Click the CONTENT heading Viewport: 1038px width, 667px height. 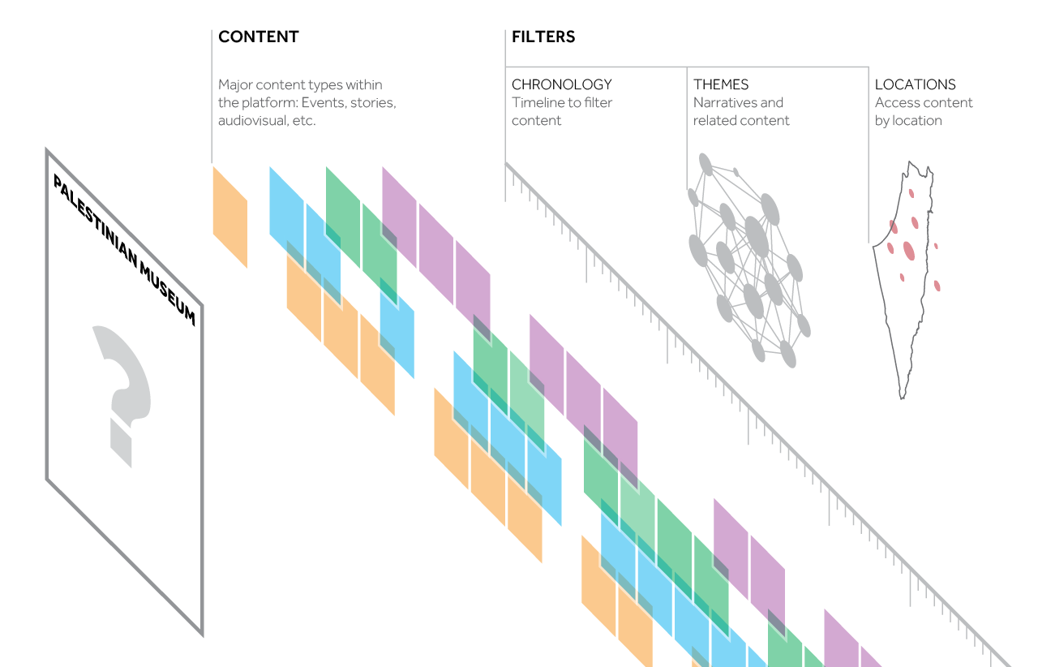pyautogui.click(x=258, y=37)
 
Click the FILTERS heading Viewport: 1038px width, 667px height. pyautogui.click(x=543, y=37)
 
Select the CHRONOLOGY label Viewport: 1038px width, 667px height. pyautogui.click(x=561, y=84)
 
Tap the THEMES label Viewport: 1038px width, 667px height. pyautogui.click(x=721, y=84)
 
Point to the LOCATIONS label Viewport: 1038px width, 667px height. pyautogui.click(x=915, y=84)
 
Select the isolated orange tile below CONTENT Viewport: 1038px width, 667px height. pyautogui.click(x=229, y=217)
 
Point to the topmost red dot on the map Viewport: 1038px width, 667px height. pyautogui.click(x=911, y=193)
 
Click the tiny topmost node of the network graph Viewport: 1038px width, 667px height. pyautogui.click(x=736, y=172)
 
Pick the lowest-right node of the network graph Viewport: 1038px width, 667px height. pyautogui.click(x=787, y=354)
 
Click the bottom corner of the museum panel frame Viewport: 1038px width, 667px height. pyautogui.click(x=201, y=634)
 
